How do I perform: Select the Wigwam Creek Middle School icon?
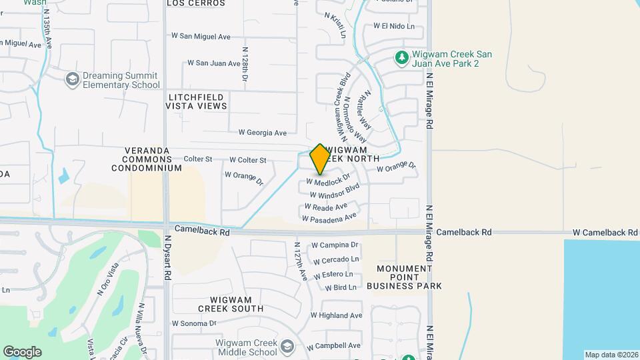pos(287,347)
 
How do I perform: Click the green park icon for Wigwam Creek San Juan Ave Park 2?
pos(401,59)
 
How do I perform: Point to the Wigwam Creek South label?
pos(231,304)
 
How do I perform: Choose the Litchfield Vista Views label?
pos(195,101)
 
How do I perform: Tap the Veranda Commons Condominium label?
pos(152,159)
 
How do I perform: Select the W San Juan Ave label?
pos(213,63)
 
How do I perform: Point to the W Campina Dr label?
pos(335,245)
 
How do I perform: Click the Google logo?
pos(22,352)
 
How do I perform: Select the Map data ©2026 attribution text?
pos(611,355)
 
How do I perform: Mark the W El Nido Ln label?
pos(393,26)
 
